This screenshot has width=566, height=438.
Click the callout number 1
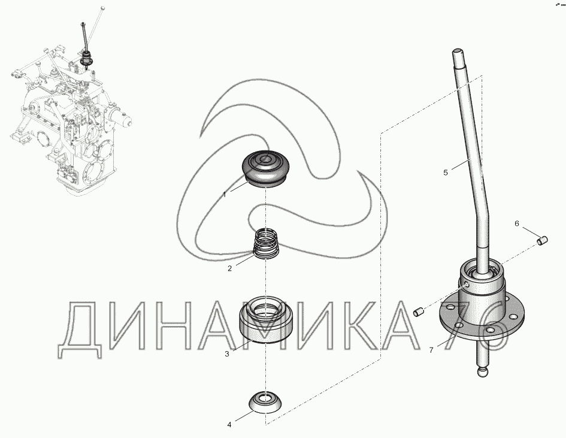tap(225, 195)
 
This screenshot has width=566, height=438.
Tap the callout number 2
tap(229, 268)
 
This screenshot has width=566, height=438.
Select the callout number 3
tap(226, 354)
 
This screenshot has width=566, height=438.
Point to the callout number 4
tap(229, 425)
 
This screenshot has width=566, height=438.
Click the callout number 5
tap(446, 173)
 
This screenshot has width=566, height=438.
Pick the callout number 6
tap(516, 224)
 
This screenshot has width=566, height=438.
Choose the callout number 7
tap(431, 350)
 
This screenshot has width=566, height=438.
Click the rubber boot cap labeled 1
tap(265, 168)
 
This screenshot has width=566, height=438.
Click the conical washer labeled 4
tap(266, 401)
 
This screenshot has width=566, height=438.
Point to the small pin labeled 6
tap(543, 240)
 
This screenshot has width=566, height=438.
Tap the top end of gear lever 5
tap(458, 51)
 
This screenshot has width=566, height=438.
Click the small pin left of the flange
tap(419, 311)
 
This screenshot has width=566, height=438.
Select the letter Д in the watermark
tap(80, 329)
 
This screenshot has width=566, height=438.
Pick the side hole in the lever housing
tap(467, 285)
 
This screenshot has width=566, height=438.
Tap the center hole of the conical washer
tap(266, 398)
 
